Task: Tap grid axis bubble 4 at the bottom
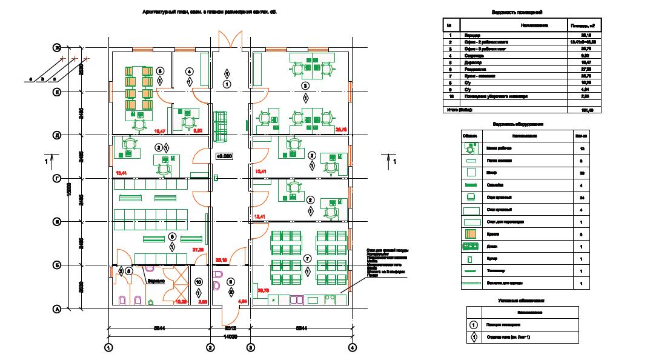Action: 352,348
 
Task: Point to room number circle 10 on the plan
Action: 198,282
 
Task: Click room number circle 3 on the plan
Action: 306,85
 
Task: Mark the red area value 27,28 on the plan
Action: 197,250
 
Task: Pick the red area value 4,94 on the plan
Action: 243,301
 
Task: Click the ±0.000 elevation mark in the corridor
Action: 225,156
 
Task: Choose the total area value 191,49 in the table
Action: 586,110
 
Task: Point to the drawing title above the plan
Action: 209,12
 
